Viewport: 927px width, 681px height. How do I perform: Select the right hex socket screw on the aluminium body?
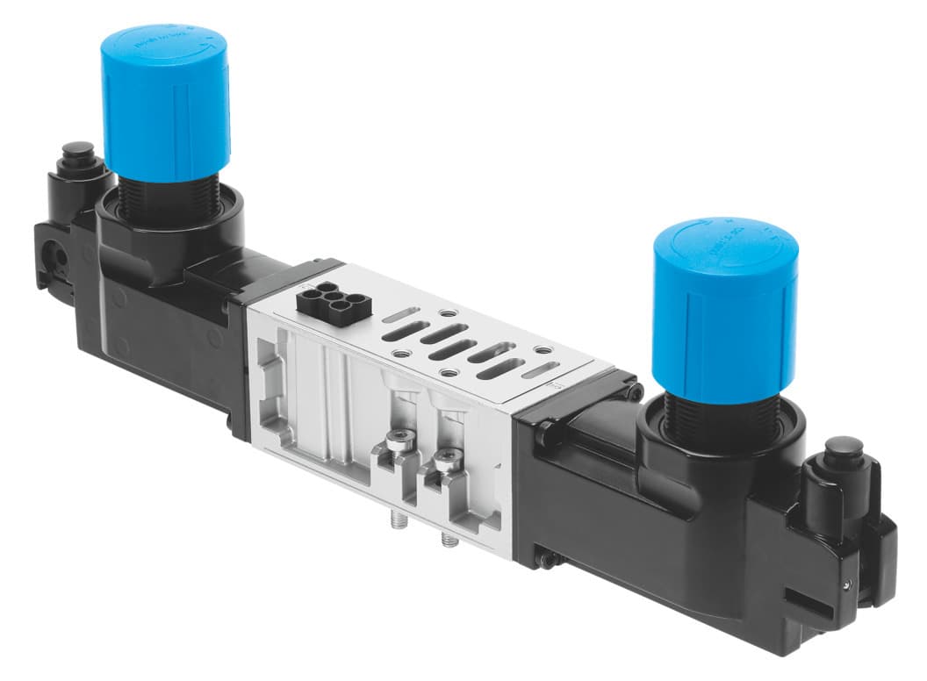(448, 458)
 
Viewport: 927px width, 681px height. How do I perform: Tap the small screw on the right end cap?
(845, 584)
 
